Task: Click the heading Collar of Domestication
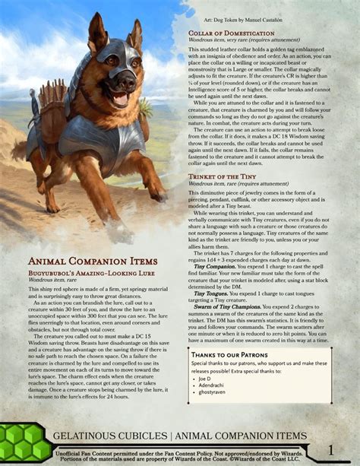click(232, 33)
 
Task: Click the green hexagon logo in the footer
click(24, 441)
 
